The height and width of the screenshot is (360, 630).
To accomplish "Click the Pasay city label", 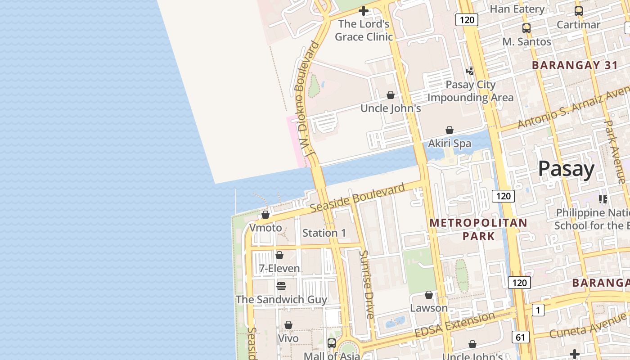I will [x=566, y=169].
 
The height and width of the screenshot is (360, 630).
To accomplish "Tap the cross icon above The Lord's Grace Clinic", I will [x=364, y=11].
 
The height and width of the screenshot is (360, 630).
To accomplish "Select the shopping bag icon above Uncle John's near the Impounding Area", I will [x=391, y=95].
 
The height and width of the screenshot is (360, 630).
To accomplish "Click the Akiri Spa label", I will [x=450, y=144].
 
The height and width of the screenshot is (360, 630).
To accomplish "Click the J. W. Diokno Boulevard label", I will [x=307, y=99].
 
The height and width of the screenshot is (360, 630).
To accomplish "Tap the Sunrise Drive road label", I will [x=367, y=284].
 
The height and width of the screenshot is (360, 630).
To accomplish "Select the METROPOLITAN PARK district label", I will [x=478, y=229].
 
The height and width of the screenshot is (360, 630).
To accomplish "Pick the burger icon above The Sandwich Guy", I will [x=281, y=286].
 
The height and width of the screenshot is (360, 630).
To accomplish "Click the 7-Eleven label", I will [x=279, y=269].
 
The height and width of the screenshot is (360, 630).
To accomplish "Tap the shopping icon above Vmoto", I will [x=265, y=215].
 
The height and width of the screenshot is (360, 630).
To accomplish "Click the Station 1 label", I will [x=324, y=233].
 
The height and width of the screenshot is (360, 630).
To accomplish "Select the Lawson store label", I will [x=429, y=308].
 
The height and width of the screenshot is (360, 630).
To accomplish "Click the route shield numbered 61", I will [x=520, y=337].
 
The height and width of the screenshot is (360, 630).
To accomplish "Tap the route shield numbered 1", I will [x=538, y=310].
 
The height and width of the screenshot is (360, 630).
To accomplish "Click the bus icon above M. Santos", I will [x=526, y=28].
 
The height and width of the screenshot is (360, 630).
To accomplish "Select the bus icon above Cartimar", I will [x=579, y=11].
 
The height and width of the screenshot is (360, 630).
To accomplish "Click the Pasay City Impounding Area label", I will [x=470, y=91].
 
